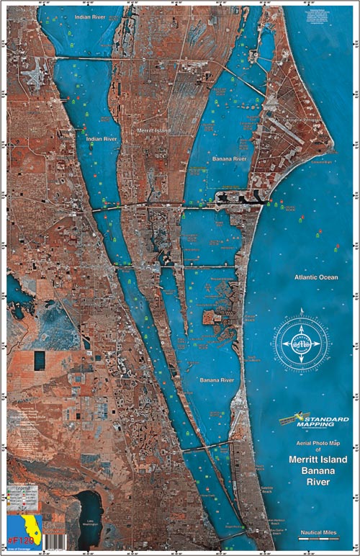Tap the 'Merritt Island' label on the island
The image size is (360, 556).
click(152, 132)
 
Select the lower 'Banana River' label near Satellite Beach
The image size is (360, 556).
click(217, 380)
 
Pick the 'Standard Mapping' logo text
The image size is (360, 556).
click(323, 420)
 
